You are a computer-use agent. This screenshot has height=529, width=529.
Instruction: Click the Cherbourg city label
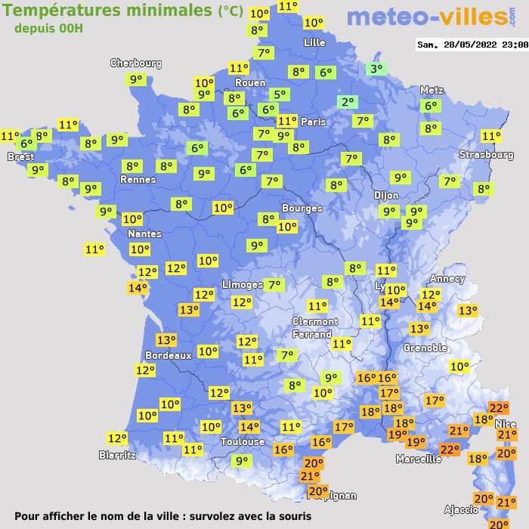[x=136, y=63]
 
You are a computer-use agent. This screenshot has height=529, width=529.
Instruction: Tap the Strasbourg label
[x=487, y=155]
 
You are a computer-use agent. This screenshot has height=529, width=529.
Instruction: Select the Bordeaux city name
[x=168, y=355]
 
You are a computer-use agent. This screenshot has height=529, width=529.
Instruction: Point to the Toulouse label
[x=243, y=441]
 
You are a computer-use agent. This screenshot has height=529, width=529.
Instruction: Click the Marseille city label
[x=419, y=459]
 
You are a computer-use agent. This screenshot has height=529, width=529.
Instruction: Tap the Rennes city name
[x=138, y=180]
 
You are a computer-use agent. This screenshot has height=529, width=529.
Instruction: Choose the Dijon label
[x=386, y=195]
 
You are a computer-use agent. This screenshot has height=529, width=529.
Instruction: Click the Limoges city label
[x=243, y=284]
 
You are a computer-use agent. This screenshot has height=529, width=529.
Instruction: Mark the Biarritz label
[x=117, y=455]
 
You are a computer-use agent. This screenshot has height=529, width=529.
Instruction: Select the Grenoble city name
[x=425, y=348]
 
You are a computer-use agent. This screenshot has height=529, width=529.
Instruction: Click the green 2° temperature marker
[x=348, y=102]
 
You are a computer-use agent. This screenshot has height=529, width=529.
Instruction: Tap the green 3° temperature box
[x=376, y=69]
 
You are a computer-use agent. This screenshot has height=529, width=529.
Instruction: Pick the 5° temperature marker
[x=280, y=94]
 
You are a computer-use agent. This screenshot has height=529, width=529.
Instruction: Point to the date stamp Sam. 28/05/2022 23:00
[x=472, y=45]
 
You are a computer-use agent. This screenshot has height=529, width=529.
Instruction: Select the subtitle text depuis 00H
[x=48, y=28]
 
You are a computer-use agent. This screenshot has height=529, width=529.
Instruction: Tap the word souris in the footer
[x=292, y=516]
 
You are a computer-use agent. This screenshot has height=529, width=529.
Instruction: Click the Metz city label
[x=432, y=90]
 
